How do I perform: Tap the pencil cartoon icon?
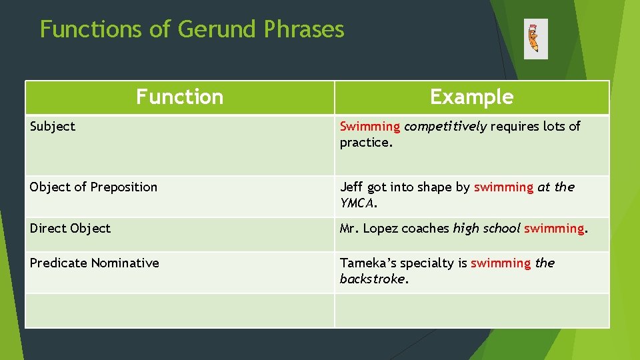[x=535, y=39]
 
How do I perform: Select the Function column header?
[x=179, y=97]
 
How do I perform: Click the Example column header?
[x=471, y=97]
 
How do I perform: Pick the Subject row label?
[x=53, y=127]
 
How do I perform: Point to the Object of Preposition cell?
[x=93, y=187]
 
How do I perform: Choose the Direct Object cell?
[x=70, y=229]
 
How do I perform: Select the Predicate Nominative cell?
[x=94, y=263]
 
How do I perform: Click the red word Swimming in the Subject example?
[x=369, y=127]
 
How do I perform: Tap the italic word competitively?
[x=445, y=127]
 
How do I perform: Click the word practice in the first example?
[x=363, y=143]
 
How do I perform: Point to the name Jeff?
[x=351, y=187]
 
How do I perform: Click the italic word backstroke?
[x=371, y=279]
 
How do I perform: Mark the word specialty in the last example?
[x=426, y=263]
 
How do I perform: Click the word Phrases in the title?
[x=303, y=29]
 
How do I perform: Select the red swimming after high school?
[x=553, y=229]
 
